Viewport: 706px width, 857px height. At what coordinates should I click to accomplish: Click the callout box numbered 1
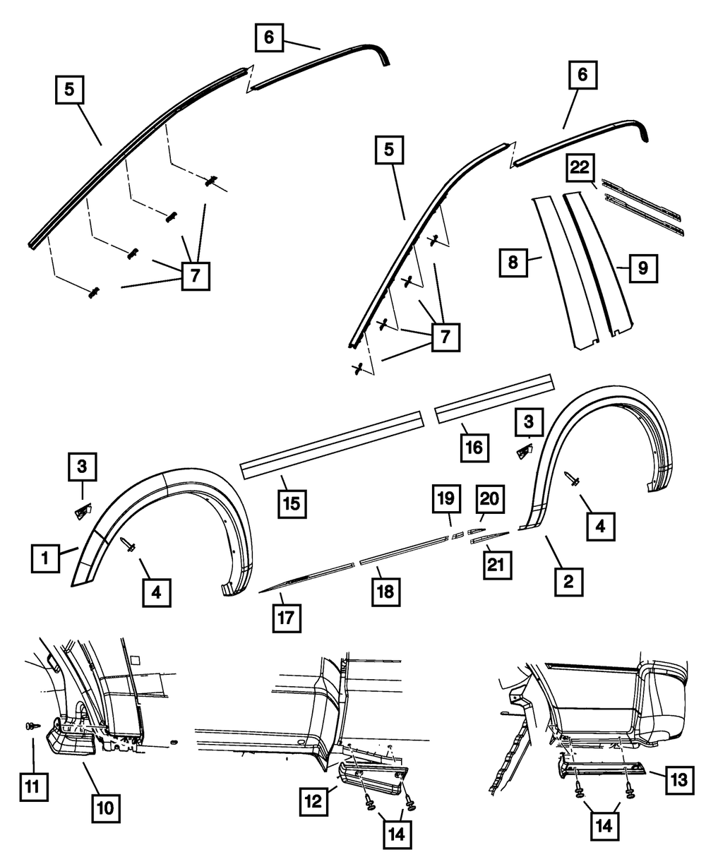[45, 558]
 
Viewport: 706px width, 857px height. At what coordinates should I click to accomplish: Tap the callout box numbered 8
[513, 262]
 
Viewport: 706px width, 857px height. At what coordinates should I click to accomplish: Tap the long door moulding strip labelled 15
[332, 441]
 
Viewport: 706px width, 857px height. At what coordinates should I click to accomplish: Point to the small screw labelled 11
[30, 726]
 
